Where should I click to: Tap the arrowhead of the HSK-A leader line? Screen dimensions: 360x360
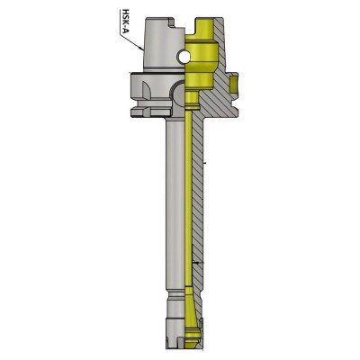click(140, 48)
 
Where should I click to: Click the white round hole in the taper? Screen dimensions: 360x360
click(184, 57)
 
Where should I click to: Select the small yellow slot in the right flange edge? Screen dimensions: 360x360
click(233, 85)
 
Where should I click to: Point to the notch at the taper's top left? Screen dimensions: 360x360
click(172, 22)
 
